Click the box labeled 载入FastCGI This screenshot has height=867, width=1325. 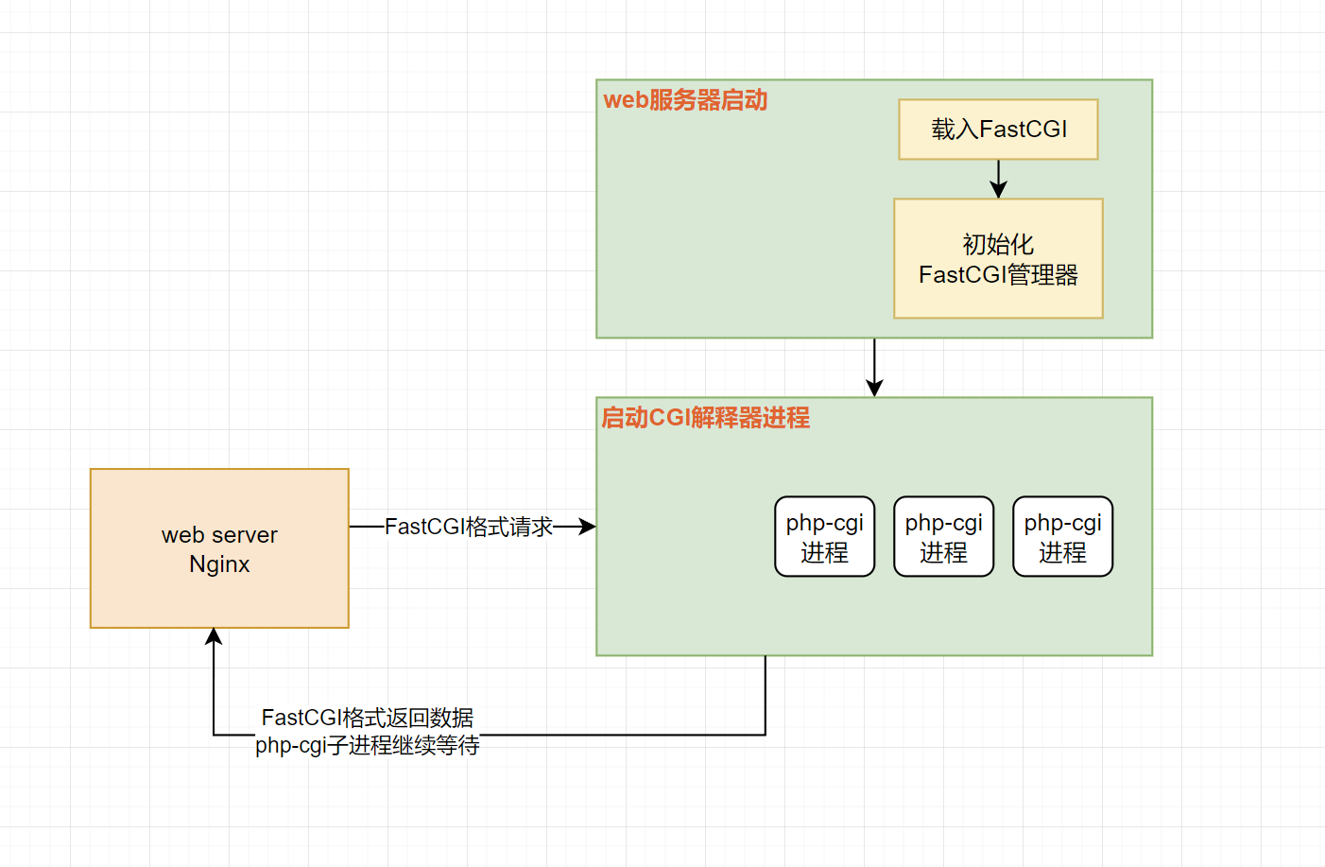pyautogui.click(x=998, y=130)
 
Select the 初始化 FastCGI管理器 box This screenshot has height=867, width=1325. pyautogui.click(x=998, y=258)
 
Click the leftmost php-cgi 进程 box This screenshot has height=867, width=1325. pyautogui.click(x=824, y=536)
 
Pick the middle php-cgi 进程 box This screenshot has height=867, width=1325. pyautogui.click(x=943, y=536)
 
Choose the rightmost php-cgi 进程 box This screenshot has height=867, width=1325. pyautogui.click(x=1062, y=536)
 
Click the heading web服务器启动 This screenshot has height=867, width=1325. pyautogui.click(x=685, y=100)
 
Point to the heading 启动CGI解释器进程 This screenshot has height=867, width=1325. pyautogui.click(x=705, y=418)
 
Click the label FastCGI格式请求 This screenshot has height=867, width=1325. pyautogui.click(x=469, y=527)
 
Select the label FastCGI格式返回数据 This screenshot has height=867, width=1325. pyautogui.click(x=368, y=718)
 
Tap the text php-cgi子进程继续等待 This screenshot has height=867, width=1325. pyautogui.click(x=368, y=745)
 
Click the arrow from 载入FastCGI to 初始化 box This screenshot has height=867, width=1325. pyautogui.click(x=998, y=179)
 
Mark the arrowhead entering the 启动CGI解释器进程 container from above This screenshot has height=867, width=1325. pyautogui.click(x=874, y=388)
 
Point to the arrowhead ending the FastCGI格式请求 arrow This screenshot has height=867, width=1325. pyautogui.click(x=588, y=527)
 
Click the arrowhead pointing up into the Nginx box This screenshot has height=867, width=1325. pyautogui.click(x=215, y=636)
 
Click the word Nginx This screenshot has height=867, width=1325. pyautogui.click(x=219, y=564)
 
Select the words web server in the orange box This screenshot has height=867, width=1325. pyautogui.click(x=219, y=535)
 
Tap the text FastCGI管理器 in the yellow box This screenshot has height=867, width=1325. pyautogui.click(x=998, y=275)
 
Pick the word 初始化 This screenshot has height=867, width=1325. pyautogui.click(x=998, y=244)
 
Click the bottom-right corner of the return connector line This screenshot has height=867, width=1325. pyautogui.click(x=766, y=735)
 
